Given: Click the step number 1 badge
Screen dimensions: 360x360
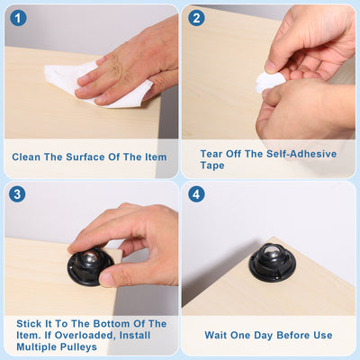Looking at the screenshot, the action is click(x=18, y=18).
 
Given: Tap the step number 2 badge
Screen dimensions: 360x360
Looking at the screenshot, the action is click(x=196, y=18).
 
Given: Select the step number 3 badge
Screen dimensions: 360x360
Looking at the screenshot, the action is click(x=17, y=194).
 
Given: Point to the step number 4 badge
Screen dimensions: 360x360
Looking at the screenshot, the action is click(x=196, y=194).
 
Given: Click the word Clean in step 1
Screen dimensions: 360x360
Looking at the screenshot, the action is click(x=26, y=157).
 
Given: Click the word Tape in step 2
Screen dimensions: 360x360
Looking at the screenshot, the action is click(x=212, y=166).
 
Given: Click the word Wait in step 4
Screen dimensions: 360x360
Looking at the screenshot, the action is click(x=215, y=335).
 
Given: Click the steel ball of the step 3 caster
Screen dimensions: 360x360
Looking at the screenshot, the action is click(x=91, y=257).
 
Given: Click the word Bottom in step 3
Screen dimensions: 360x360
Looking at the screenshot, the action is click(x=112, y=324).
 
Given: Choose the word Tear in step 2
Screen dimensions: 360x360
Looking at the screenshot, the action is click(x=211, y=154).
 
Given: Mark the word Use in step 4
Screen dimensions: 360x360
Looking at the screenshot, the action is click(x=323, y=335).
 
